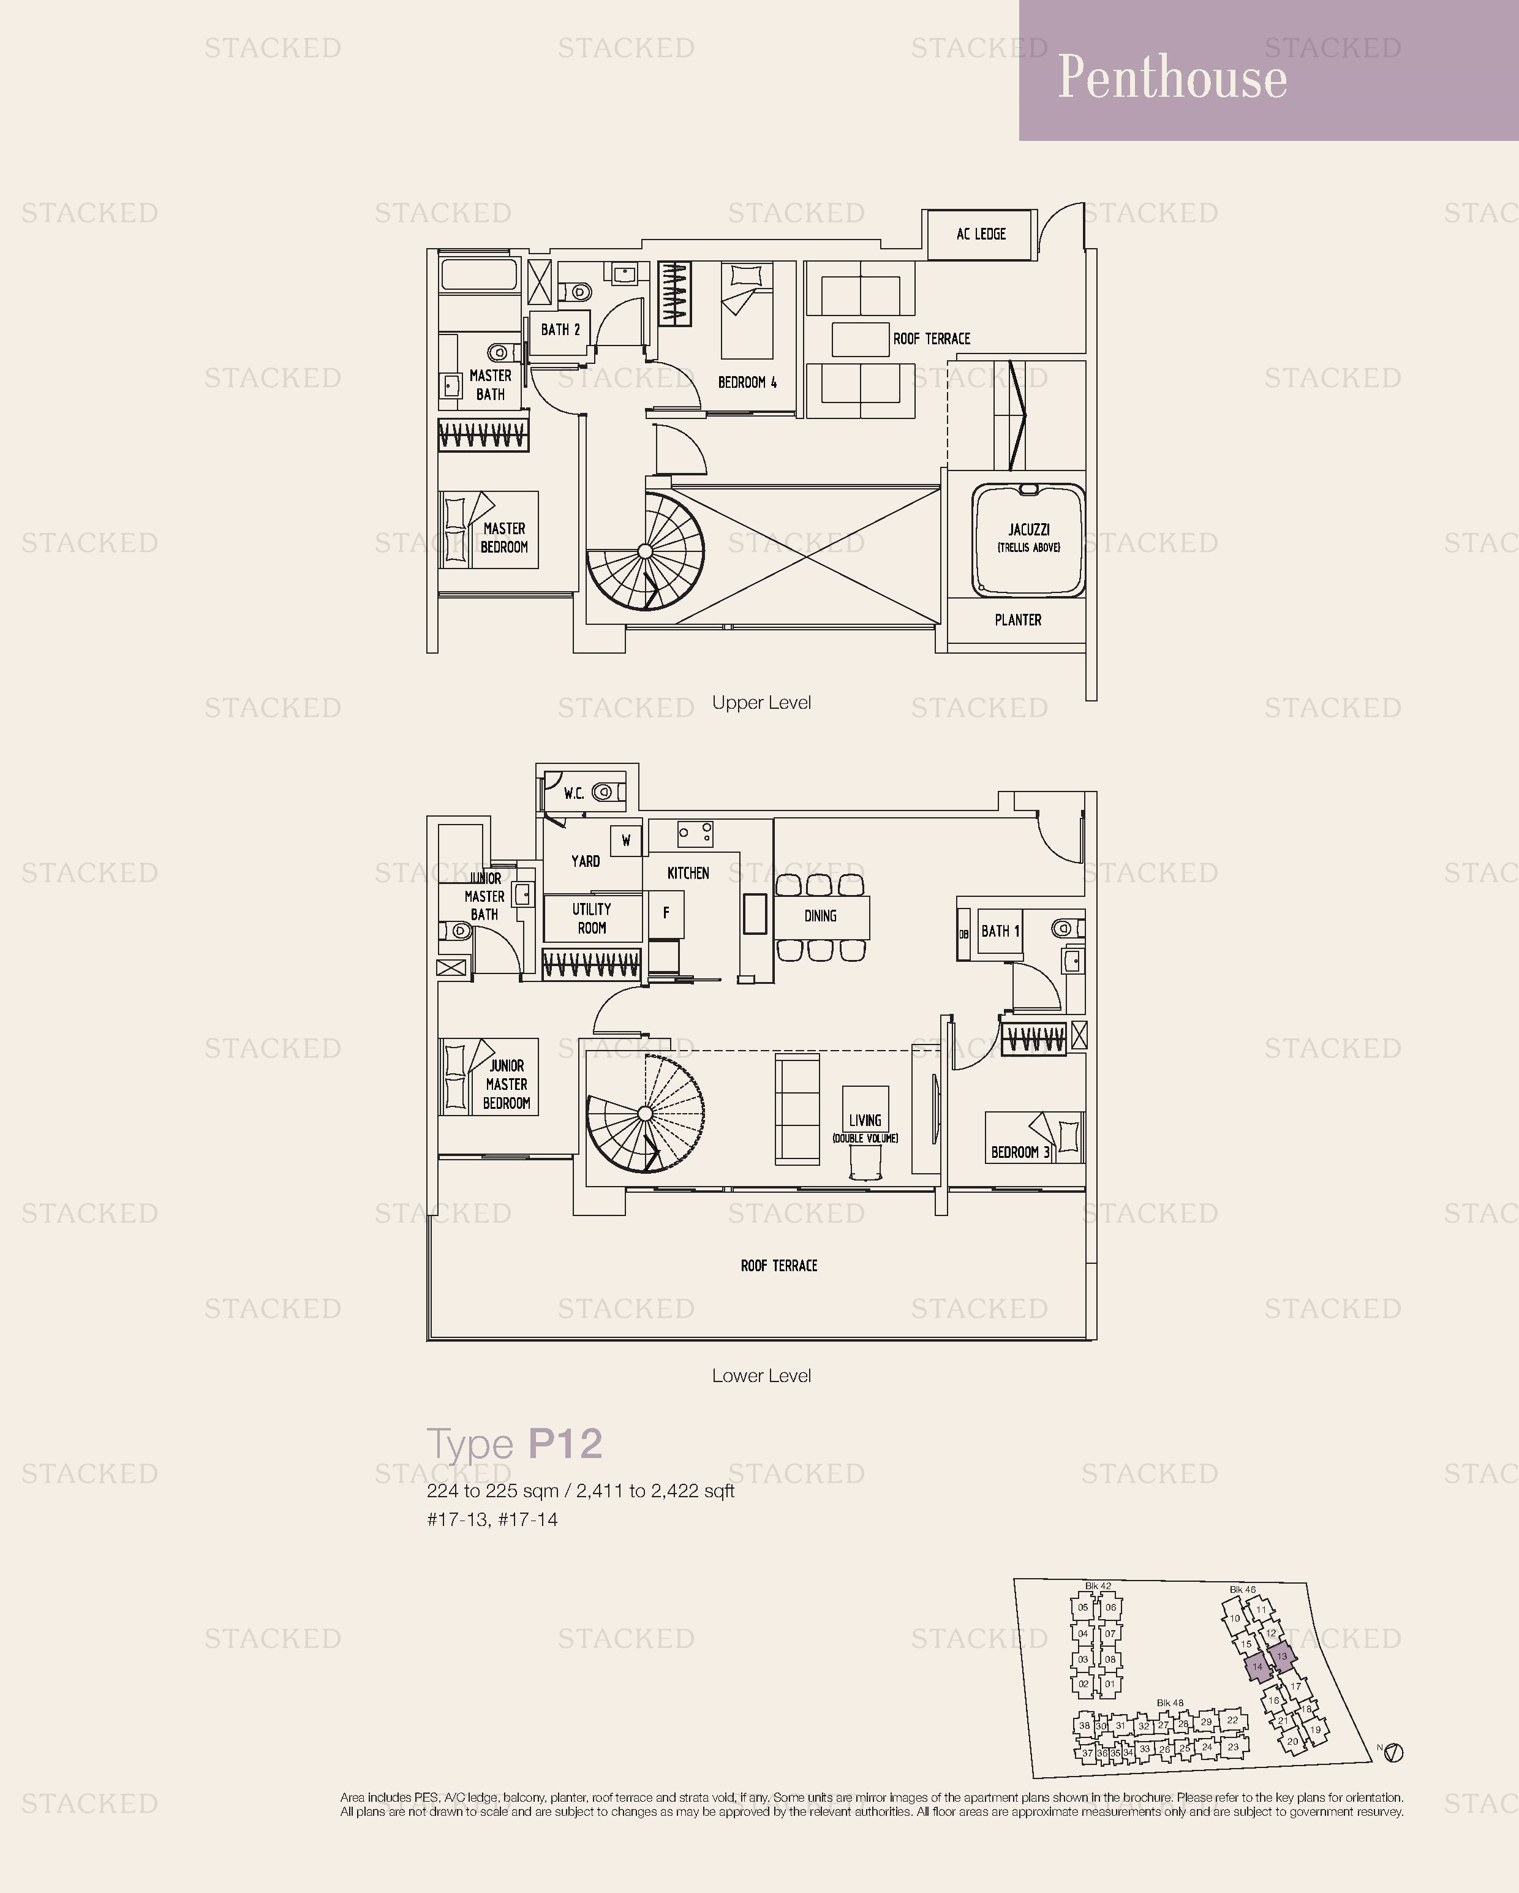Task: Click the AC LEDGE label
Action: tap(981, 233)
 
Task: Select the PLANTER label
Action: tap(1017, 620)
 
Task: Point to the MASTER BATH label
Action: tap(490, 385)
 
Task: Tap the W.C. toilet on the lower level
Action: tap(605, 792)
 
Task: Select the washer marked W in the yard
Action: tap(626, 841)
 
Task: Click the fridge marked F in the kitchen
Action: tap(666, 913)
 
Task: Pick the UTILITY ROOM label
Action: tap(592, 918)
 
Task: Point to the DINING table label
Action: tap(820, 916)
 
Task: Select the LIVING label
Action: tap(865, 1120)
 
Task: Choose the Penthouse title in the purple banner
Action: tap(1172, 77)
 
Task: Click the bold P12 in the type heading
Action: tap(565, 1445)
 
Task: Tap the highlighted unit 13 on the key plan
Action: tap(1282, 1657)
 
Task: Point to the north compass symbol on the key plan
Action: tap(1393, 1753)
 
